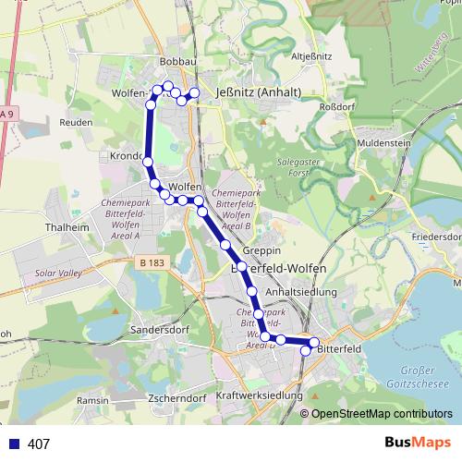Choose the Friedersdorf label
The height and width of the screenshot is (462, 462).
tap(438, 237)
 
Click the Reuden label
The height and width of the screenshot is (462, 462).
tap(76, 122)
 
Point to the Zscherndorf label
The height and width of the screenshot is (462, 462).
tap(175, 399)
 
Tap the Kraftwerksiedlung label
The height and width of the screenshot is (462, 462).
tap(259, 395)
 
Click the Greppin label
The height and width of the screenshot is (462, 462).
tap(261, 250)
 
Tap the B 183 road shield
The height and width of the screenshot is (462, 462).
tap(154, 264)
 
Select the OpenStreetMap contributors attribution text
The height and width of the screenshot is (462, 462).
tap(382, 414)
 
